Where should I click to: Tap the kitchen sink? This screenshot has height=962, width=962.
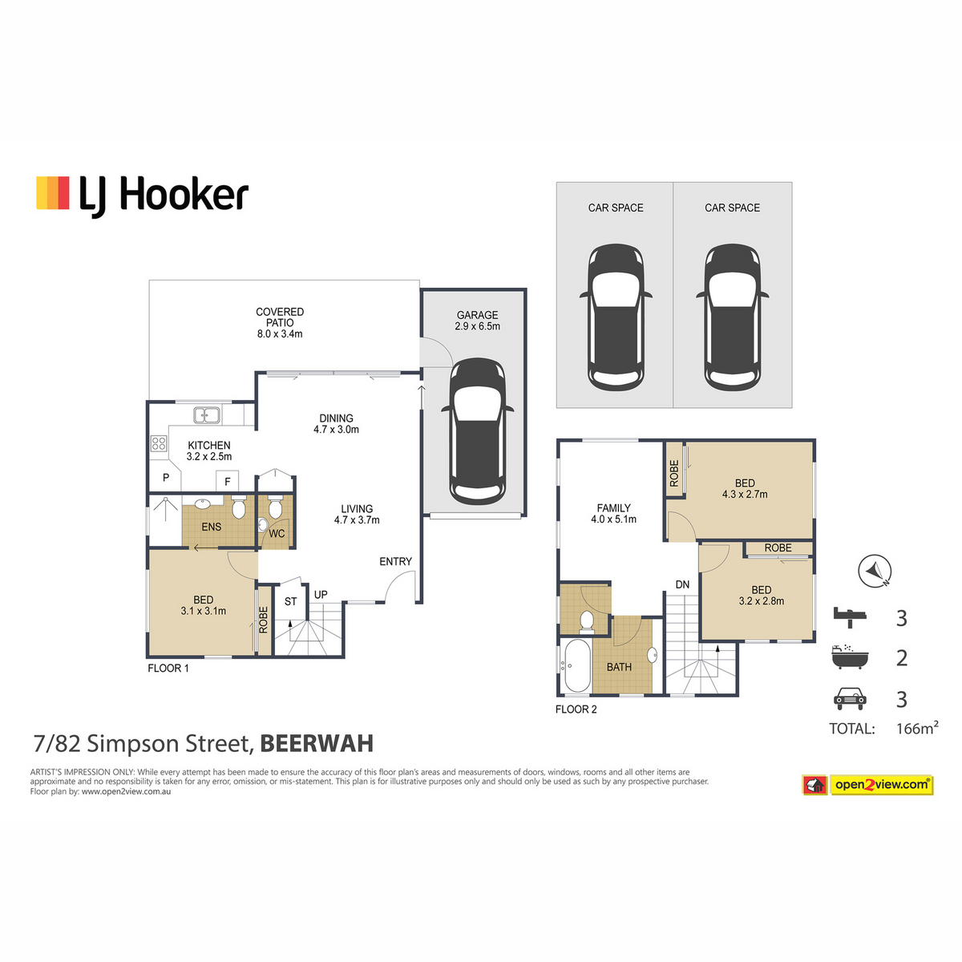pos(207,414)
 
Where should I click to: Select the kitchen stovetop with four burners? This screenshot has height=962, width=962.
pos(159,443)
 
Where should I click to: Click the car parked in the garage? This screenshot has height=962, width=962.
pos(477,431)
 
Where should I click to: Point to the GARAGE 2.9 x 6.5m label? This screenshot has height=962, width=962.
pos(477,321)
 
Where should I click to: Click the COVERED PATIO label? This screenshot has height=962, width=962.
pos(280,317)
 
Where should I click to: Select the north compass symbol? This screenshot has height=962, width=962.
pos(875,571)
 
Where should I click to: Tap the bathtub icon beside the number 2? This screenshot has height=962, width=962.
pos(850,657)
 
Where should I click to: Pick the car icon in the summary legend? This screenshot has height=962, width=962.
pos(850,699)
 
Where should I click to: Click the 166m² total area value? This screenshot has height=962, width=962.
pos(917,728)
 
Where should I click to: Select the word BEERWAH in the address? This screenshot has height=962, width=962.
pos(317,743)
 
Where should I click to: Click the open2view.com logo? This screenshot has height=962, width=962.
pos(867,785)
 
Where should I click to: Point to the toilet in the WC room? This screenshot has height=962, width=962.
pos(275,508)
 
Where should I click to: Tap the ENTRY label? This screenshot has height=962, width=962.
pos(395,562)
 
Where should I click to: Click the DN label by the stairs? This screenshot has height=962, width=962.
pos(682,584)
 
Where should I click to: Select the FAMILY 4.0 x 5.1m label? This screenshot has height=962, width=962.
pos(613,513)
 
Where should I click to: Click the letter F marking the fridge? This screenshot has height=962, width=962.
pos(228,482)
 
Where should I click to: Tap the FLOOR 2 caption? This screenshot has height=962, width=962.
pos(576,709)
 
